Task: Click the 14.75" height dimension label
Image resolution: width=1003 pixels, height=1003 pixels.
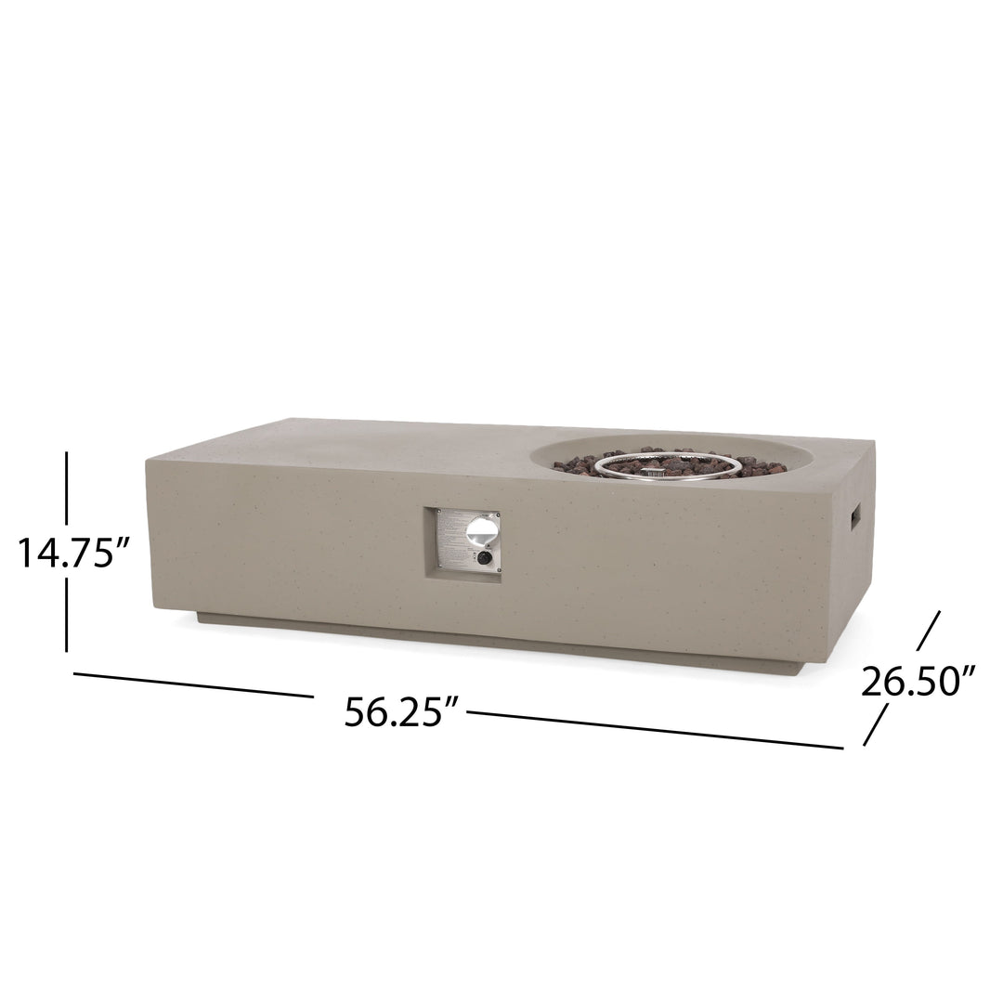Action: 71,554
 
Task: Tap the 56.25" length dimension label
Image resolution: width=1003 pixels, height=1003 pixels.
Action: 402,711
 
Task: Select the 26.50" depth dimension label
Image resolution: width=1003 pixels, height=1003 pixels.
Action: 918,683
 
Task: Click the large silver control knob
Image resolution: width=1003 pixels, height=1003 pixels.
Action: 482,531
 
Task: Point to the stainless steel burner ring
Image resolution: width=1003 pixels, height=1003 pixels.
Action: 669,463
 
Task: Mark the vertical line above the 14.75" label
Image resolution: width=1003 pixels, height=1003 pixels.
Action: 67,488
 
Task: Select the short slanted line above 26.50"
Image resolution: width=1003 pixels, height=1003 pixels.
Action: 929,631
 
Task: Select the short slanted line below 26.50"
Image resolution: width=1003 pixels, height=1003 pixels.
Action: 876,724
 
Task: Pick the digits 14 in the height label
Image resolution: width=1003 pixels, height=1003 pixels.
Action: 37,554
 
